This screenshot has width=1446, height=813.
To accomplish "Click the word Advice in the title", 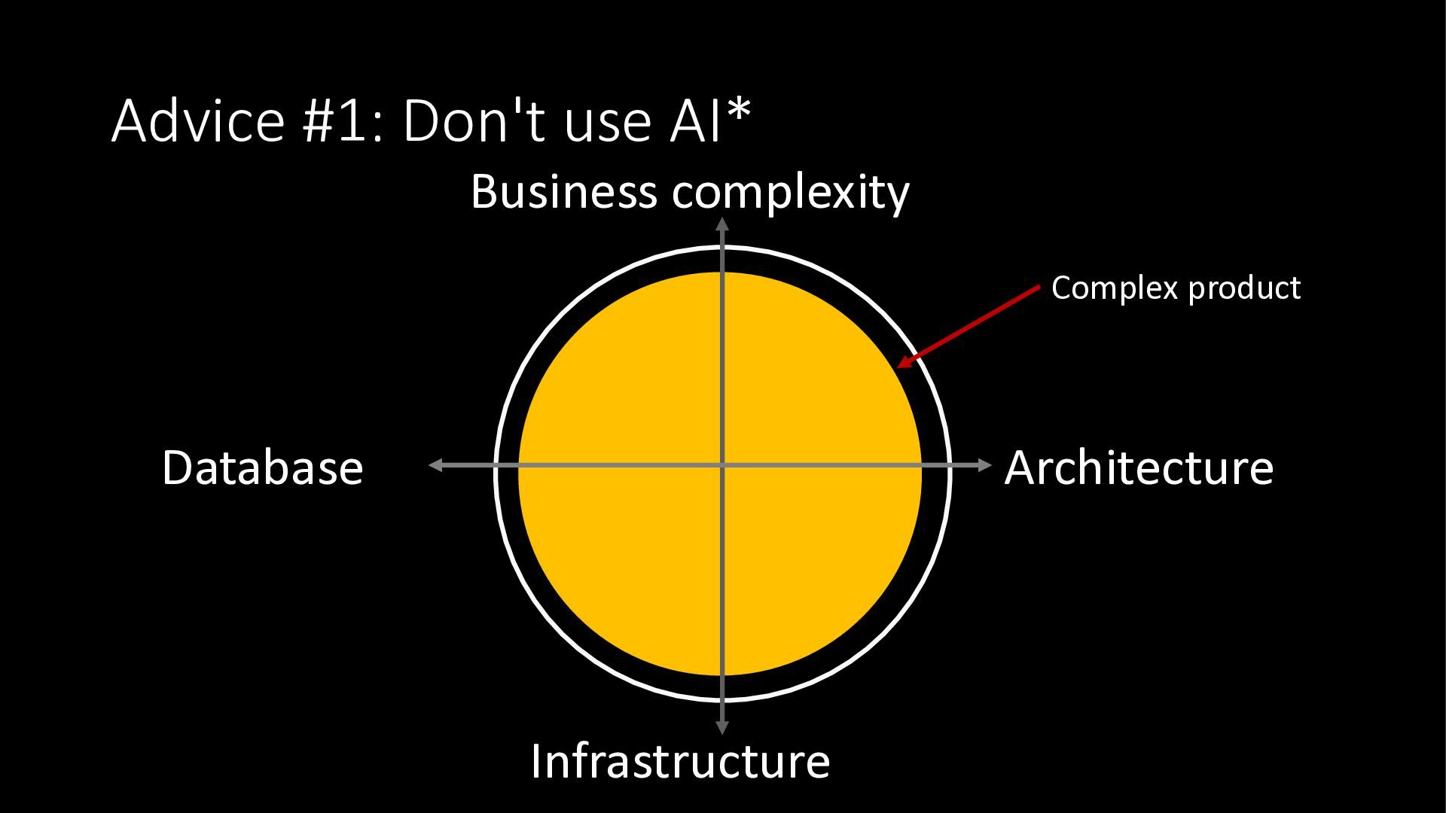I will (x=198, y=120).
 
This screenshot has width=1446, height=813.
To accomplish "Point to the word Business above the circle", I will (x=563, y=191).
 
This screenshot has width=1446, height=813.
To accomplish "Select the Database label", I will (x=262, y=467).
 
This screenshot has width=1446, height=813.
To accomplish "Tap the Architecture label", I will (x=1139, y=467).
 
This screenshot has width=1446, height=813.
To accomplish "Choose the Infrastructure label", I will (x=680, y=760).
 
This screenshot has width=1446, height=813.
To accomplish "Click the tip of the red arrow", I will (x=899, y=367).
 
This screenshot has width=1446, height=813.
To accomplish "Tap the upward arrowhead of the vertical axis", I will (x=722, y=223).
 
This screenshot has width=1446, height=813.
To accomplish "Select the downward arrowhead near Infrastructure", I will (x=722, y=729).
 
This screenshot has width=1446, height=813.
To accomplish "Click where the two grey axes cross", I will (x=722, y=466).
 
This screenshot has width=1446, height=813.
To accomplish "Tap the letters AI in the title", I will (x=696, y=120).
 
